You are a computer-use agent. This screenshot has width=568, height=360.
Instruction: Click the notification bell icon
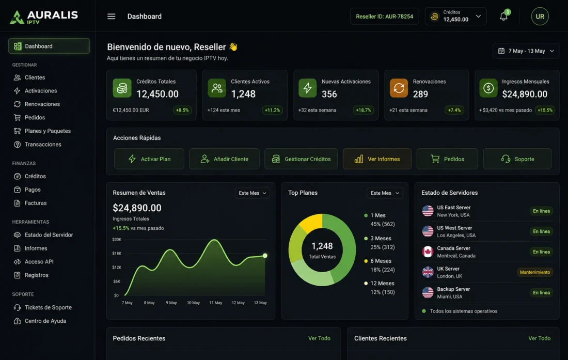coord(503,17)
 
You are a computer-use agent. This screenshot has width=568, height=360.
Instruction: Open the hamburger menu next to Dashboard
coord(111,17)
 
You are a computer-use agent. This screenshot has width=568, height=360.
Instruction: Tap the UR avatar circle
coord(540,17)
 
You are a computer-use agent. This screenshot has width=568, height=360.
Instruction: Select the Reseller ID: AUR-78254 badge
coord(384,17)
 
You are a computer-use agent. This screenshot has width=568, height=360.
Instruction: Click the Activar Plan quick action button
coord(149,159)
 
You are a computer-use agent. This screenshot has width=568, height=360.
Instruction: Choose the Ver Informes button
coord(377,159)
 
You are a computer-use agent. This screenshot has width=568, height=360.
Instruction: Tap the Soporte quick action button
coord(517,159)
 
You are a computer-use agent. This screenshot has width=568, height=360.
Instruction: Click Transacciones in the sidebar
coord(43,144)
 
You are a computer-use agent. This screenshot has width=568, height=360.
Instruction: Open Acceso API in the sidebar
coord(39,261)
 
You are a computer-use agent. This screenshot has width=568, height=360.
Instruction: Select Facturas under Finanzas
coord(36,203)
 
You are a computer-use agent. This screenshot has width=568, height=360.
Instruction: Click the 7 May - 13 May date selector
coord(526,51)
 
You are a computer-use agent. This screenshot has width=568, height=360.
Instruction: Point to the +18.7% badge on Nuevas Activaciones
coord(364,110)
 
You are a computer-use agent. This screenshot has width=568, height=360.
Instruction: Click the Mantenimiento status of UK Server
coord(534,272)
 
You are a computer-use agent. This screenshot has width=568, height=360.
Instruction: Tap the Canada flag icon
coord(428,252)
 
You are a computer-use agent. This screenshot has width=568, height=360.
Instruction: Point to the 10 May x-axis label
coord(194,303)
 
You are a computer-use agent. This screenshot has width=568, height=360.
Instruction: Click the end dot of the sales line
coord(265,256)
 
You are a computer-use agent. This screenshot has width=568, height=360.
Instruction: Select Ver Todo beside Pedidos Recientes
coord(319,338)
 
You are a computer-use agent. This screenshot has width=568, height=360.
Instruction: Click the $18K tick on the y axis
coord(117,253)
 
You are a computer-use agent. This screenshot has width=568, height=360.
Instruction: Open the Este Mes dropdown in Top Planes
coord(385,193)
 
